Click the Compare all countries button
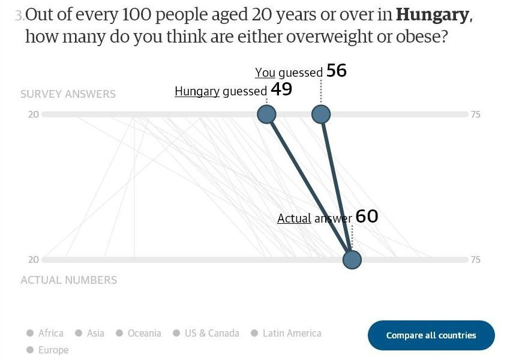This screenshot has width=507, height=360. pos(431,335)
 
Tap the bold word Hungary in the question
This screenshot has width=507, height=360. pos(432,14)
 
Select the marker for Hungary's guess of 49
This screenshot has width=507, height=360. pos(266,114)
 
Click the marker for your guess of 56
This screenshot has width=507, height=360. pos(321,114)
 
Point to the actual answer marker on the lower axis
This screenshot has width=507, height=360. pos(352,260)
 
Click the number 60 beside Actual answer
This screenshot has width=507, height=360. pos(367,216)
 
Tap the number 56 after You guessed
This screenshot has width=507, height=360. pos(337,71)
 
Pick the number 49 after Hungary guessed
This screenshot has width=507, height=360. pos(281,89)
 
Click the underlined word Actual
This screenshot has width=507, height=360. pos(294,218)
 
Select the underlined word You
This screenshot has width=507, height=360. pos(265,73)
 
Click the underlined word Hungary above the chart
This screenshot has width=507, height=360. pos(197,91)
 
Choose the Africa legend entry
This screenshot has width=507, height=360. pos(45,333)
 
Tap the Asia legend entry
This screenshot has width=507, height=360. pos(90,333)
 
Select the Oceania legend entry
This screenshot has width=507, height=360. pos(139,333)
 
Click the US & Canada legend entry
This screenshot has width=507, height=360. pos(206,333)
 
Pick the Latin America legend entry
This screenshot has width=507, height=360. pos(286,333)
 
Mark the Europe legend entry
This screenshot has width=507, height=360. pos(47,350)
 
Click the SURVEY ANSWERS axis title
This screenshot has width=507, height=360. pos(68,94)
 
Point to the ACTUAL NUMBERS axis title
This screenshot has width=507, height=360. pos(68,280)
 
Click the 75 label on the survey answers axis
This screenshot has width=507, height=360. pos(475,114)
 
